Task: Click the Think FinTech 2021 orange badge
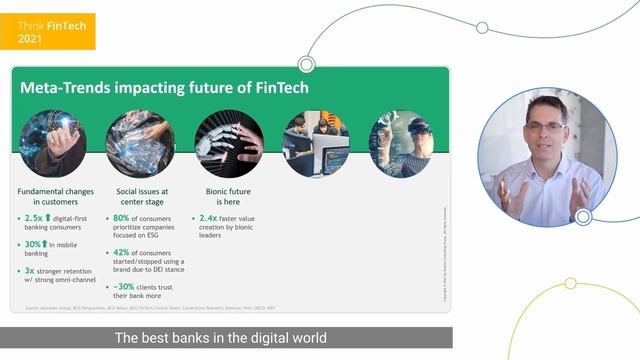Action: pos(48,31)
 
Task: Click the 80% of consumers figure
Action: pos(125,217)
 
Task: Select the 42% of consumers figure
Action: pos(125,253)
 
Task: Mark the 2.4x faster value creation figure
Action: pos(208,217)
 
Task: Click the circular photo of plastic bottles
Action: pos(140,144)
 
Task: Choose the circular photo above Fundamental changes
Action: pos(52,144)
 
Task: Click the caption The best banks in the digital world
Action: pos(221,338)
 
